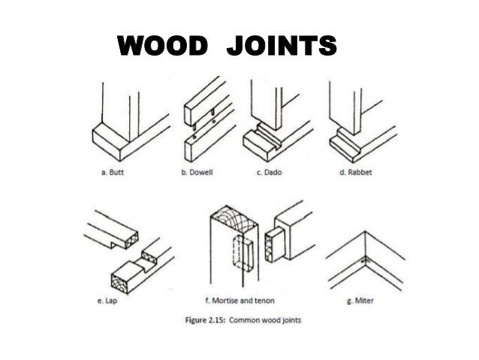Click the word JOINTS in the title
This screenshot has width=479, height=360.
(x=279, y=47)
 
